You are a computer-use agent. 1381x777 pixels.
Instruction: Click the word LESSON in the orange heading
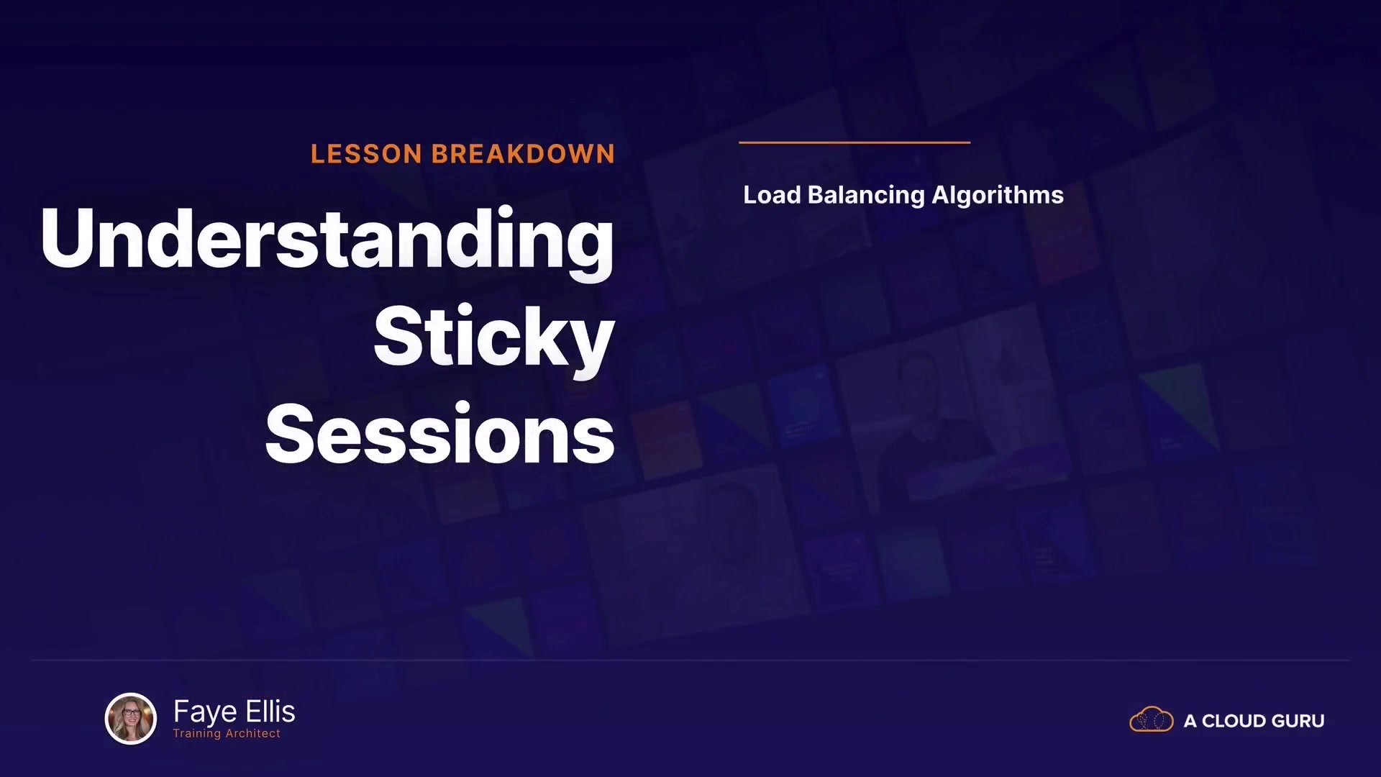[366, 154]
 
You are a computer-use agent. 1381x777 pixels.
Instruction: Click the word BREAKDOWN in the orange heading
[523, 154]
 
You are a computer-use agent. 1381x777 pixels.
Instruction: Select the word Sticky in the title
[494, 339]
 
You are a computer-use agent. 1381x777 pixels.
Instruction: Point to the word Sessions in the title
[440, 434]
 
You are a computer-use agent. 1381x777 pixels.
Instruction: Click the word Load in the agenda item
[772, 195]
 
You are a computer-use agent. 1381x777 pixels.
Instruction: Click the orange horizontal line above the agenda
[854, 142]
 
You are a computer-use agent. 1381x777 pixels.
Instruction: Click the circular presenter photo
[131, 718]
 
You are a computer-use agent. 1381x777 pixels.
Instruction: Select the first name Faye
[206, 712]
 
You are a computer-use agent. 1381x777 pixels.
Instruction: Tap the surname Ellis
[270, 711]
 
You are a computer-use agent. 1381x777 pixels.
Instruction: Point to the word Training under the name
[197, 734]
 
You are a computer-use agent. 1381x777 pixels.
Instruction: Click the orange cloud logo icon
[1152, 719]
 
